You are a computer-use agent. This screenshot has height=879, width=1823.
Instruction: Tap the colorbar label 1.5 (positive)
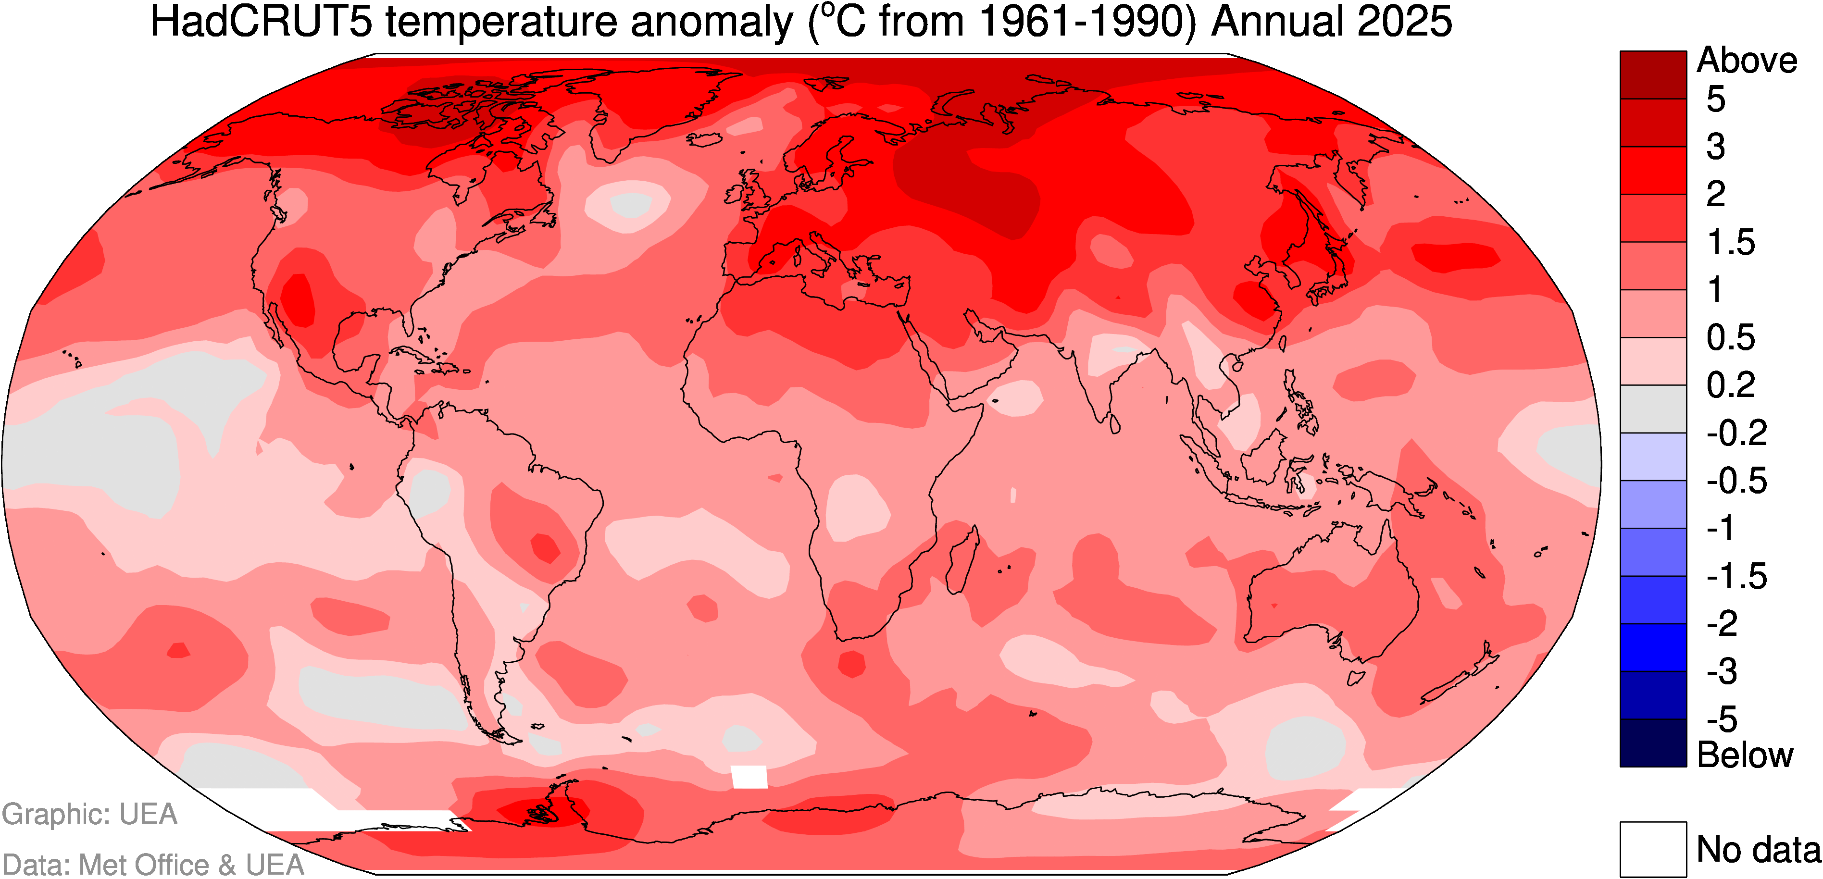1731,243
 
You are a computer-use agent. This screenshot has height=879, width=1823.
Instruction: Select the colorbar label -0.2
1736,433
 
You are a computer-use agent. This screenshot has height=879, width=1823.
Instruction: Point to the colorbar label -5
1722,719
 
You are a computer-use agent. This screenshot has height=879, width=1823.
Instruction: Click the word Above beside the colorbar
1747,61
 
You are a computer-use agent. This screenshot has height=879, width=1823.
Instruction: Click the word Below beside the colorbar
1745,755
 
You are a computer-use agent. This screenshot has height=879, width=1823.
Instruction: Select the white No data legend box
1653,849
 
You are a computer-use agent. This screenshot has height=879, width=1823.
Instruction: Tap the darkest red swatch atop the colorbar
1653,74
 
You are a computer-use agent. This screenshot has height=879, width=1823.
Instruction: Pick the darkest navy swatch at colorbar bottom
1653,743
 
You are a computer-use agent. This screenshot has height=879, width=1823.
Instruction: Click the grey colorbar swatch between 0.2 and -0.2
1653,409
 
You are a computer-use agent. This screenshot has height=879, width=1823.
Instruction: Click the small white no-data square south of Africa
749,776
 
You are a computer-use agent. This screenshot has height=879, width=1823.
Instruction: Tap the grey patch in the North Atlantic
630,205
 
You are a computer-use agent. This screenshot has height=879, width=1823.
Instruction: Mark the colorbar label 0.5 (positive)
1731,337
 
